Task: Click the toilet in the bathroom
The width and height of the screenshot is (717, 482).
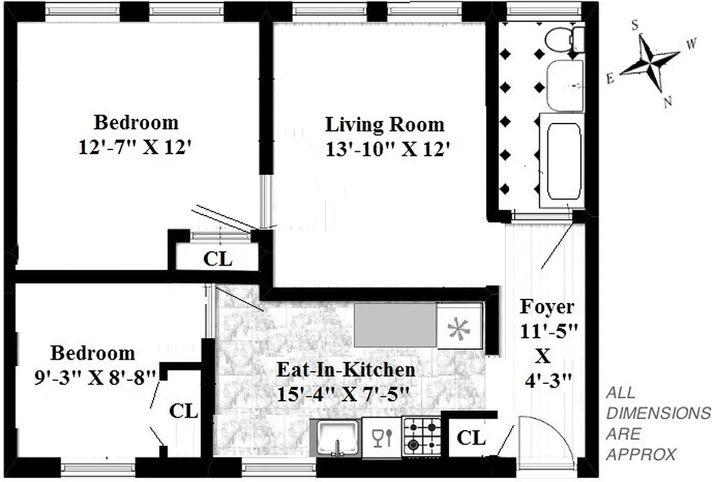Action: click(564, 39)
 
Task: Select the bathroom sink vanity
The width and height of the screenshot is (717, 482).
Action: click(565, 85)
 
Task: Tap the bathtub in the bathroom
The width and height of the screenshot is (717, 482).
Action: click(562, 160)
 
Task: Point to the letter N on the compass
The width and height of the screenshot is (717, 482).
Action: click(668, 102)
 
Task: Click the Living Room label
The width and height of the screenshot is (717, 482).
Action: click(384, 125)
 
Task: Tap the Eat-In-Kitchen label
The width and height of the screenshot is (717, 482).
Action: click(345, 369)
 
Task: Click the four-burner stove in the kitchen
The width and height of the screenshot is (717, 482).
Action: click(421, 436)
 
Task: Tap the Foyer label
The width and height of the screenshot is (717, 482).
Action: click(546, 307)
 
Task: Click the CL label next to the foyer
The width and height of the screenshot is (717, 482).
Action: click(471, 438)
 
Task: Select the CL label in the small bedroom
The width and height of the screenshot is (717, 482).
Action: click(184, 412)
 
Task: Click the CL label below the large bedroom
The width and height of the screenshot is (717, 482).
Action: click(218, 259)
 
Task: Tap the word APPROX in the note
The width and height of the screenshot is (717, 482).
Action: click(641, 454)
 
